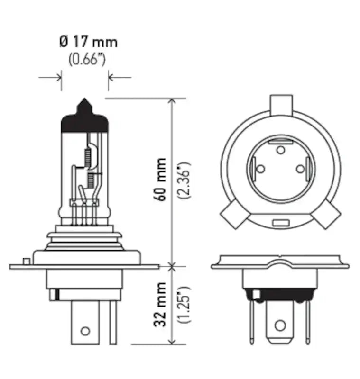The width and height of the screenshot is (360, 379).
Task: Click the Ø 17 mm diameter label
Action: [88, 42]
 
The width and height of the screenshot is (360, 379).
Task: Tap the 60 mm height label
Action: [161, 180]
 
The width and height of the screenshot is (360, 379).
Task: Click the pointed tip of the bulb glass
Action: [85, 101]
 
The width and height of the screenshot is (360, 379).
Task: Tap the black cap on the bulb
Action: [85, 122]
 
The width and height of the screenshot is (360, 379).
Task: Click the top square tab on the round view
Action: [281, 103]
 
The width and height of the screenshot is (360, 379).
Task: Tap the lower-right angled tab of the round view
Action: [326, 214]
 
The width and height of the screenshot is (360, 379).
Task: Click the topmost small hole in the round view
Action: [281, 150]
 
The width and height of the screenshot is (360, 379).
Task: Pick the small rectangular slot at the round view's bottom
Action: [281, 222]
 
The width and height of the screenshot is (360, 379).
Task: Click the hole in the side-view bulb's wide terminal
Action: [85, 330]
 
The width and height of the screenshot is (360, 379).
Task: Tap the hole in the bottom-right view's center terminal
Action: [280, 325]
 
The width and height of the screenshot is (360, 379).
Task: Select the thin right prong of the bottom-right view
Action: [307, 322]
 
